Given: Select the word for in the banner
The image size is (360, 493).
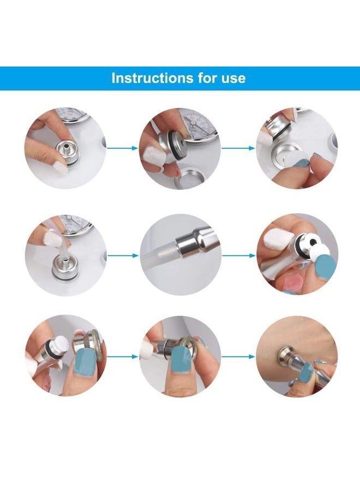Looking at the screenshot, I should coord(199,78).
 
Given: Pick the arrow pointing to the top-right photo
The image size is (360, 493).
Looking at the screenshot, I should coord(238,147).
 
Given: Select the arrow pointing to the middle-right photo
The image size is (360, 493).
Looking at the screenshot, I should coord(238,255).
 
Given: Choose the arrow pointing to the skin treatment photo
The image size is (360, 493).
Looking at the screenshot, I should coord(238,357).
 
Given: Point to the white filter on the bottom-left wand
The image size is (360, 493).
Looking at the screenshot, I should coord(61,343).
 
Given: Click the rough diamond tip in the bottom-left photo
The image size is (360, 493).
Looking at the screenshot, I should coord(95,344).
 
